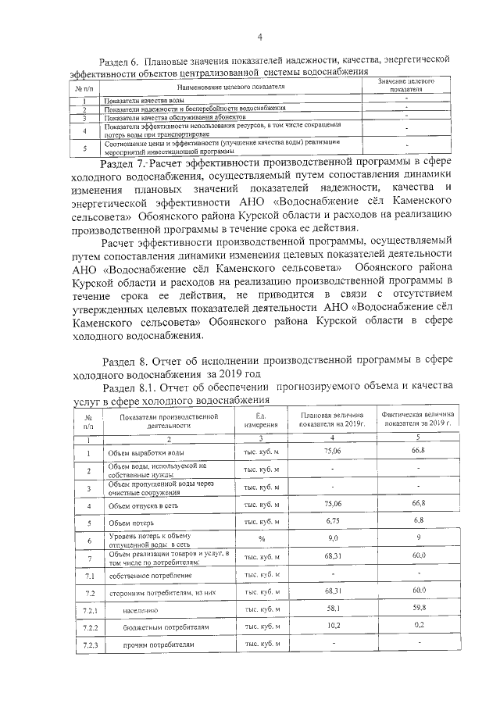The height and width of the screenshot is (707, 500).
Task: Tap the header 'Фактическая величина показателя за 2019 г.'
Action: (x=419, y=420)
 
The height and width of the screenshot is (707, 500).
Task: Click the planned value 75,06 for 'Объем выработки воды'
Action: (x=332, y=452)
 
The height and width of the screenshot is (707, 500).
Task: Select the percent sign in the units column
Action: (x=262, y=540)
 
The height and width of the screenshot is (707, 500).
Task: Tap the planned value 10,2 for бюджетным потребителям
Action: (x=332, y=625)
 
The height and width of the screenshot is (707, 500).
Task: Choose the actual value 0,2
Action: (x=419, y=625)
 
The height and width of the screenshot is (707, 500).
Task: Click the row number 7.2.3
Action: (x=88, y=645)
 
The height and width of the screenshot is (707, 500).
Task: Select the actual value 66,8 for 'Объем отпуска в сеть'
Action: (x=419, y=505)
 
